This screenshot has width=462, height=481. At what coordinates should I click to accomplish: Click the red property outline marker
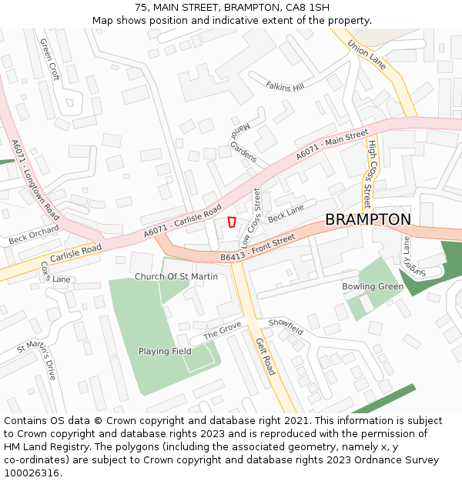tap(231, 222)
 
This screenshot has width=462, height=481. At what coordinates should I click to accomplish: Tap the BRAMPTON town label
tap(367, 219)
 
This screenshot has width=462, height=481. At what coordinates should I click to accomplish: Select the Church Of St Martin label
tap(176, 276)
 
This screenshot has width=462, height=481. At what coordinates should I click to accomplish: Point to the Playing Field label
tap(165, 351)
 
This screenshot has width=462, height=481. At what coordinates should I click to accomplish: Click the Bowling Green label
tap(373, 286)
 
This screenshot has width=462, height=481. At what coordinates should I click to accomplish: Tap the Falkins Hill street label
tap(285, 86)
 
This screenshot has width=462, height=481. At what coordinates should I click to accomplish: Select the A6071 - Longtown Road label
tap(35, 180)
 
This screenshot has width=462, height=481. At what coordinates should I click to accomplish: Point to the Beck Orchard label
tap(34, 235)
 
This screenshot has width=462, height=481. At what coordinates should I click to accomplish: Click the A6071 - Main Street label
tap(333, 145)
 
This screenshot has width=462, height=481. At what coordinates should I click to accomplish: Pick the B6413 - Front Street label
tap(257, 249)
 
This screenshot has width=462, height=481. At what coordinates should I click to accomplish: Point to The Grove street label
tap(222, 332)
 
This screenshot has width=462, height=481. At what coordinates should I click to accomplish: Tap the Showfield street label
tap(286, 326)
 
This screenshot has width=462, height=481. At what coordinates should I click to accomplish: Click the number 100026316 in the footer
tap(33, 473)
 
